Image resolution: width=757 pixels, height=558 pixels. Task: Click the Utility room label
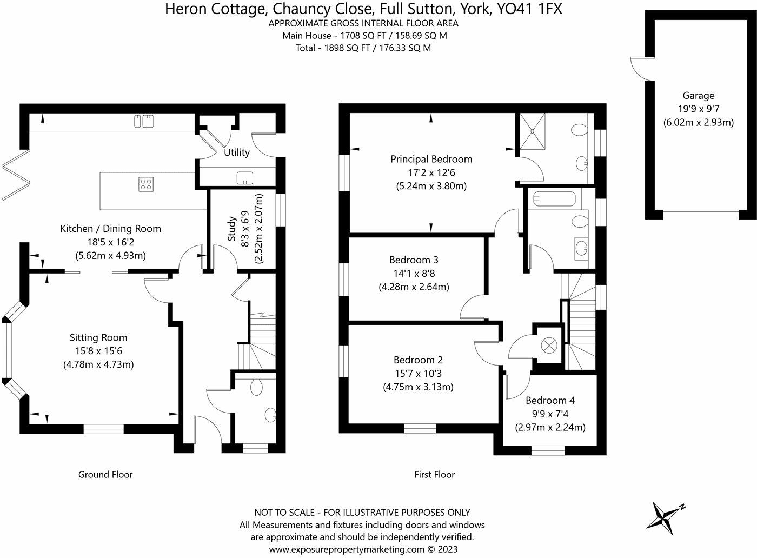[x=237, y=152]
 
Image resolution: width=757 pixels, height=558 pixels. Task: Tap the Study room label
[x=232, y=229]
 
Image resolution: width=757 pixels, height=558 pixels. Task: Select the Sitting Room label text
[x=98, y=337]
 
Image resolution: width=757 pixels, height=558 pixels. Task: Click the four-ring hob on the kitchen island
[x=145, y=184]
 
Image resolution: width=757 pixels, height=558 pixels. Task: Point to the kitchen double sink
[x=144, y=122]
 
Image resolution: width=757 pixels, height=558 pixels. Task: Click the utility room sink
[x=244, y=177]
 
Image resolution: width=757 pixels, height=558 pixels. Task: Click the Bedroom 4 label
[x=550, y=400]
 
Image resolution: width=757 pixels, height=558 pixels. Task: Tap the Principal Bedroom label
[x=431, y=159]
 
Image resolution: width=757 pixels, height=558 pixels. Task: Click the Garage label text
[x=698, y=96]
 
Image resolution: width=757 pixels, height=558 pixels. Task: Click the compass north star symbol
[x=663, y=515]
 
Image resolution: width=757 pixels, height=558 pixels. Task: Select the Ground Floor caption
[x=105, y=474]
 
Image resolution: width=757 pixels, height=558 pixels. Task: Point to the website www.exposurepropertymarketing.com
[x=347, y=549]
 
